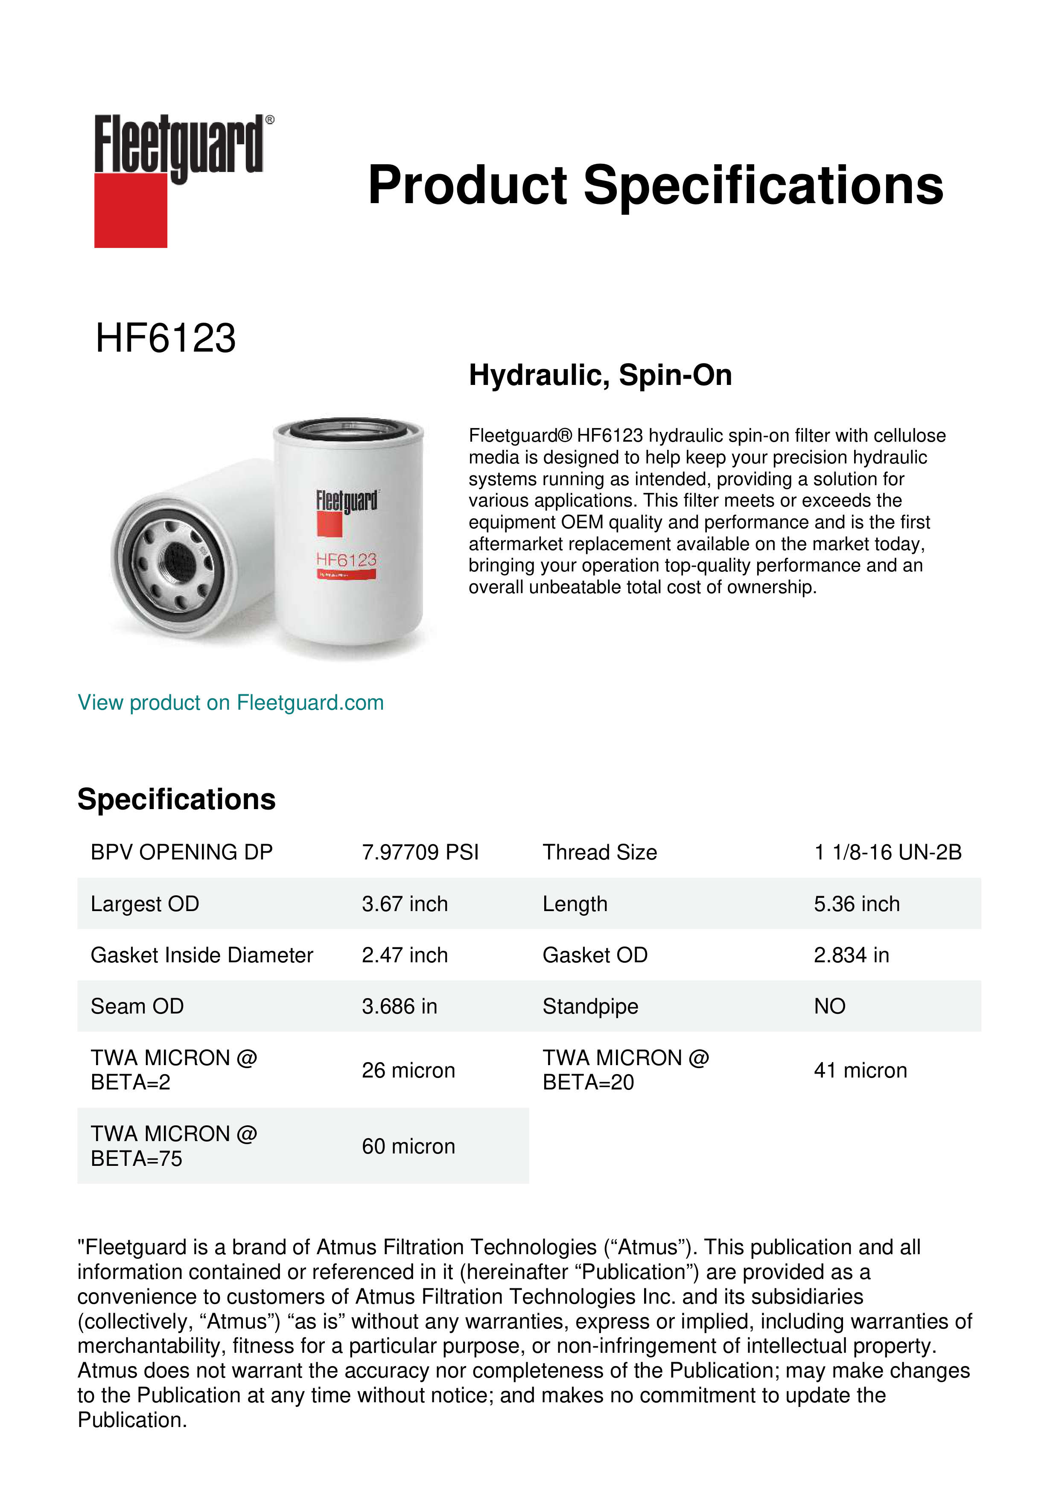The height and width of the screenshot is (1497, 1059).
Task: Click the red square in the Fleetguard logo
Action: tap(131, 210)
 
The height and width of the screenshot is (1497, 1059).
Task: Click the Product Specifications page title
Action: tap(655, 185)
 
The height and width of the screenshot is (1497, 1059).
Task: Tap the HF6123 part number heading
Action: tap(166, 338)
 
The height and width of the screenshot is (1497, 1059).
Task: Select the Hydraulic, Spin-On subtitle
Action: tap(600, 376)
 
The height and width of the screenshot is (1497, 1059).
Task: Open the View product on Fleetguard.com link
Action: tap(231, 703)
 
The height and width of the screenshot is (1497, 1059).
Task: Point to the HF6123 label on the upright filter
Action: tap(346, 559)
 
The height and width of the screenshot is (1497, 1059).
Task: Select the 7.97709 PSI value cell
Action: tap(420, 852)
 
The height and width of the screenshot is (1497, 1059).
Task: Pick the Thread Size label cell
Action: tap(599, 852)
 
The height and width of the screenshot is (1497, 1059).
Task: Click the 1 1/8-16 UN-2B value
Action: tap(887, 852)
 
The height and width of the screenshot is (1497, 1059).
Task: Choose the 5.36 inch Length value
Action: tap(856, 904)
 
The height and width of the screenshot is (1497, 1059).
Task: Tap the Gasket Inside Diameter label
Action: tap(201, 955)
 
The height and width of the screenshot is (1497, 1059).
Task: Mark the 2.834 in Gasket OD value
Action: tap(851, 955)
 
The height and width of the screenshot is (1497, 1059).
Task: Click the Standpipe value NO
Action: tap(829, 1007)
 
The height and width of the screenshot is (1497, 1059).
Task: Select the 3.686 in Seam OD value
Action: tap(399, 1007)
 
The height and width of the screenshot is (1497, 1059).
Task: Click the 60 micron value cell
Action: tap(408, 1146)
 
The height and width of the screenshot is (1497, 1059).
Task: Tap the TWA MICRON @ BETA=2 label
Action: tap(173, 1070)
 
